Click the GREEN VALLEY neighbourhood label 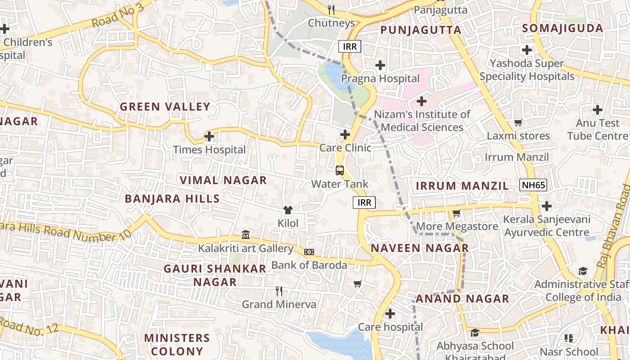click(x=165, y=107)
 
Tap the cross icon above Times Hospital click(x=209, y=136)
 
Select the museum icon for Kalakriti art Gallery click(x=246, y=234)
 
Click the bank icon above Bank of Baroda click(x=309, y=252)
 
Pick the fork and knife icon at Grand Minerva click(x=279, y=291)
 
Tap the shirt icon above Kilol click(x=288, y=210)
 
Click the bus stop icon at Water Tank click(x=340, y=171)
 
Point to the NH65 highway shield click(x=533, y=185)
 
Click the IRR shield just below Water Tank click(x=364, y=202)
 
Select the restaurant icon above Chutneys click(x=332, y=9)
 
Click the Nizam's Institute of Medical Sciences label click(x=422, y=121)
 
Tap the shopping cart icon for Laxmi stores click(x=518, y=122)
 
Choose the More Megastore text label click(x=457, y=226)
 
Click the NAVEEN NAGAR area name click(x=419, y=248)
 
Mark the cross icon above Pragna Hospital click(x=380, y=65)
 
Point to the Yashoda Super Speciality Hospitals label click(x=527, y=70)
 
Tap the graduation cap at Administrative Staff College click(x=583, y=271)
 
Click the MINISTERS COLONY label click(x=177, y=344)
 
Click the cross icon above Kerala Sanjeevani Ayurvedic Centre click(x=547, y=206)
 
